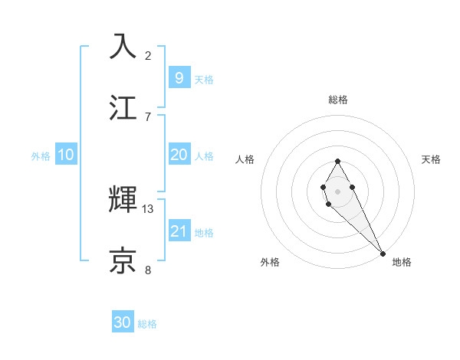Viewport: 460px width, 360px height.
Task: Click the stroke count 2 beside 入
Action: click(148, 55)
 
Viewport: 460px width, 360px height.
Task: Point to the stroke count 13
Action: click(148, 208)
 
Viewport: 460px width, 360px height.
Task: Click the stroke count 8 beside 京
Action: click(148, 270)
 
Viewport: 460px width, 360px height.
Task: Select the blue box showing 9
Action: click(179, 77)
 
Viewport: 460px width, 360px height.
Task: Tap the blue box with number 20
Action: click(179, 155)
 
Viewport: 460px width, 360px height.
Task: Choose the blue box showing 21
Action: click(179, 231)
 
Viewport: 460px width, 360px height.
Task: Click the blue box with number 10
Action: click(66, 155)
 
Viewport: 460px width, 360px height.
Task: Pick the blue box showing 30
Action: click(123, 322)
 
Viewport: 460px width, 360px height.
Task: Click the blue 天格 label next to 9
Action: click(204, 80)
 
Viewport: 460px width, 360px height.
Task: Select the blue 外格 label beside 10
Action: click(41, 156)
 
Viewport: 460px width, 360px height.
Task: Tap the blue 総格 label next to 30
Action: click(147, 324)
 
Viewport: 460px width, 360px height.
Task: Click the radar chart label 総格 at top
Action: click(338, 100)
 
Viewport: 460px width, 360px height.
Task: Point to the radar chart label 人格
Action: click(245, 159)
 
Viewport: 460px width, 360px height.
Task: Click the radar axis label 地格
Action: click(402, 262)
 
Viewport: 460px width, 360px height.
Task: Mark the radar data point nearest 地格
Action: click(383, 254)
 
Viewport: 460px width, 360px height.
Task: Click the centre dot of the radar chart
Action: click(337, 190)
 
